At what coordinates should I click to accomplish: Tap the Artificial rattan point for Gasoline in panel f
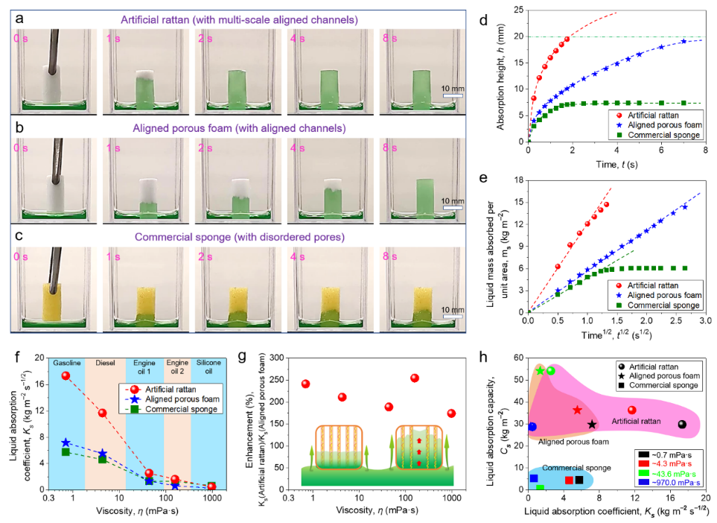pos(66,375)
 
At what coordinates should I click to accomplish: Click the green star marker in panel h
pos(540,370)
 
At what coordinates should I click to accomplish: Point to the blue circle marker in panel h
pos(532,426)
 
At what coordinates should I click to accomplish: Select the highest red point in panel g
pos(415,378)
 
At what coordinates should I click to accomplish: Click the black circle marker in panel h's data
pos(682,424)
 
